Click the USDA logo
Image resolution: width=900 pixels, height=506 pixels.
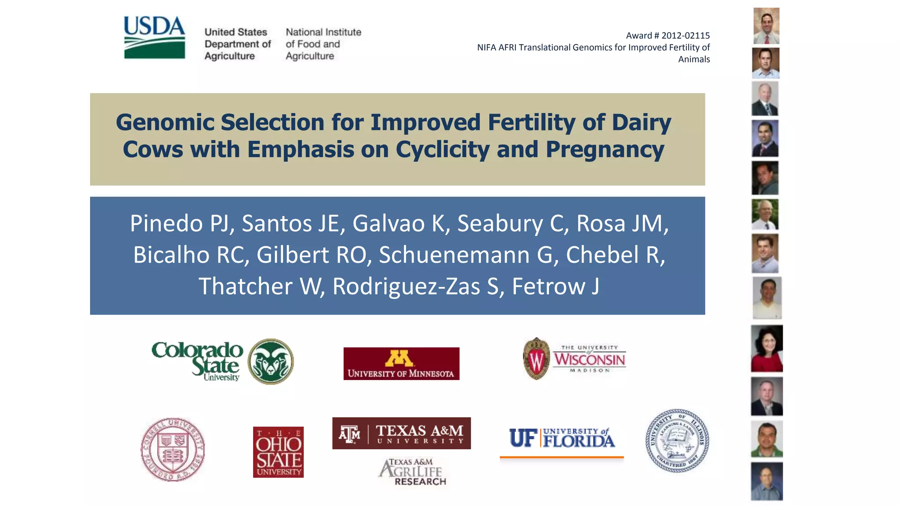click(154, 37)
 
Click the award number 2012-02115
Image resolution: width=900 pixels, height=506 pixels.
click(685, 36)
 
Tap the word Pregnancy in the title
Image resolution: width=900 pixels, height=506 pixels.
click(605, 149)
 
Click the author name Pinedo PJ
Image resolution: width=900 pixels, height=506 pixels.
click(179, 223)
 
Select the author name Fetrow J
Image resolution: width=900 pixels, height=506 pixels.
click(555, 286)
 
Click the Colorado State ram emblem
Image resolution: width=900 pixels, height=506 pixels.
click(271, 361)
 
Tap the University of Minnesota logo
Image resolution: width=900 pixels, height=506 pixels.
click(401, 364)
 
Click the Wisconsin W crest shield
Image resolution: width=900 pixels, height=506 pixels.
click(536, 359)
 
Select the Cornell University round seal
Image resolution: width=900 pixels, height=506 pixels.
click(173, 449)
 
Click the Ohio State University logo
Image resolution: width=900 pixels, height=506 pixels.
click(278, 452)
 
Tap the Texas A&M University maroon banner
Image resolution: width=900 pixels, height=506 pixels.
click(401, 433)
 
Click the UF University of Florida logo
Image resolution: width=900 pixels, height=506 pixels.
click(562, 438)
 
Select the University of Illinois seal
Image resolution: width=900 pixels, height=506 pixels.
click(677, 441)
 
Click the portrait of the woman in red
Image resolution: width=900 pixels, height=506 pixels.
click(767, 349)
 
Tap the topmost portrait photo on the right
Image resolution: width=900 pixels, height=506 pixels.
click(766, 26)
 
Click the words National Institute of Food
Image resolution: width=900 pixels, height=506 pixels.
click(323, 38)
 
